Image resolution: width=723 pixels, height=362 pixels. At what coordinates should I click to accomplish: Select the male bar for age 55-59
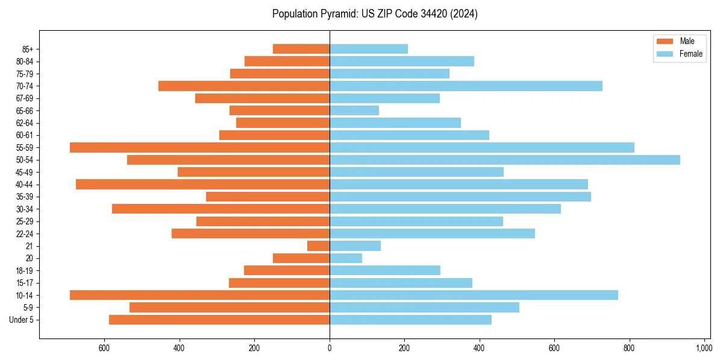pyautogui.click(x=199, y=147)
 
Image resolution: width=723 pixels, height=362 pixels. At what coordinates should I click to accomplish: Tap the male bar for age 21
pyautogui.click(x=318, y=246)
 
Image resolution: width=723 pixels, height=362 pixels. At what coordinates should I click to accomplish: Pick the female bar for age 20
pyautogui.click(x=346, y=258)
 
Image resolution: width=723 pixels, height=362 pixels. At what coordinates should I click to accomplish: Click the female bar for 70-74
pyautogui.click(x=466, y=86)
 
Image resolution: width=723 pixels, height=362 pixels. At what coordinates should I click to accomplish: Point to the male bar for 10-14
pyautogui.click(x=199, y=295)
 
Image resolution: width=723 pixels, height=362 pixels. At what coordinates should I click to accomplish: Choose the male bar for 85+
pyautogui.click(x=301, y=49)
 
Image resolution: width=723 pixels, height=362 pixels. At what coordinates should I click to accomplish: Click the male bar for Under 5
pyautogui.click(x=219, y=320)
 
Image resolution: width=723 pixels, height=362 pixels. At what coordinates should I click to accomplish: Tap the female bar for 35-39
pyautogui.click(x=460, y=197)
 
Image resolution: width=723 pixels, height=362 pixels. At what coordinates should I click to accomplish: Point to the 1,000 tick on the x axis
pyautogui.click(x=704, y=348)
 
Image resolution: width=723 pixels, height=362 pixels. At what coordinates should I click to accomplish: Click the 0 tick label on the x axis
pyautogui.click(x=330, y=348)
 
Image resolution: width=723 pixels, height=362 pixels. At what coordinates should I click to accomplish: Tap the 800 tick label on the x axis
pyautogui.click(x=629, y=348)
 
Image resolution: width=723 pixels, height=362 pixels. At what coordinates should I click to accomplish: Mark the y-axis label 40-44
pyautogui.click(x=24, y=184)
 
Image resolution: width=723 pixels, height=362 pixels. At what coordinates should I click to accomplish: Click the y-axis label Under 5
pyautogui.click(x=22, y=320)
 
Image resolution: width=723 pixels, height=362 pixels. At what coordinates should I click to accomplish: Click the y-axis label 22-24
pyautogui.click(x=24, y=233)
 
